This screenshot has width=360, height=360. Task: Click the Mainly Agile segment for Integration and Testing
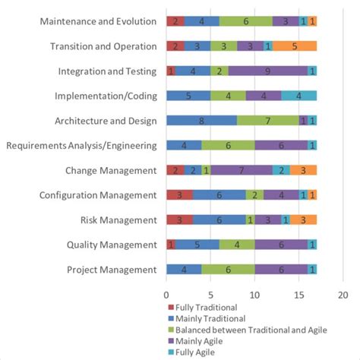tap(267, 71)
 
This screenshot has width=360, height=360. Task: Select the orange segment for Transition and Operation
tap(294, 46)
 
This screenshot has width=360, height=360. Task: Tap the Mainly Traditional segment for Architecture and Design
tap(201, 121)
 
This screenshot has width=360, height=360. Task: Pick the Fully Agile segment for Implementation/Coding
tap(298, 96)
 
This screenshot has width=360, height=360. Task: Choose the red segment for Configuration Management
tap(179, 195)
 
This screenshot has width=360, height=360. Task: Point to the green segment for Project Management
tap(228, 270)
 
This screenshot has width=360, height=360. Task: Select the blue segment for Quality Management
tap(197, 245)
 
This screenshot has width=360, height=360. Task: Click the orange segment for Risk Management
tap(303, 220)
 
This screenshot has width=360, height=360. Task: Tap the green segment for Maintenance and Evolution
tap(245, 21)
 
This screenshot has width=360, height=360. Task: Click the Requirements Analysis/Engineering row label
tap(82, 146)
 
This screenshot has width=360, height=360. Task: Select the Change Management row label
tap(116, 170)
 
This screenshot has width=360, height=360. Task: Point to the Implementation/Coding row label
tap(106, 96)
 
